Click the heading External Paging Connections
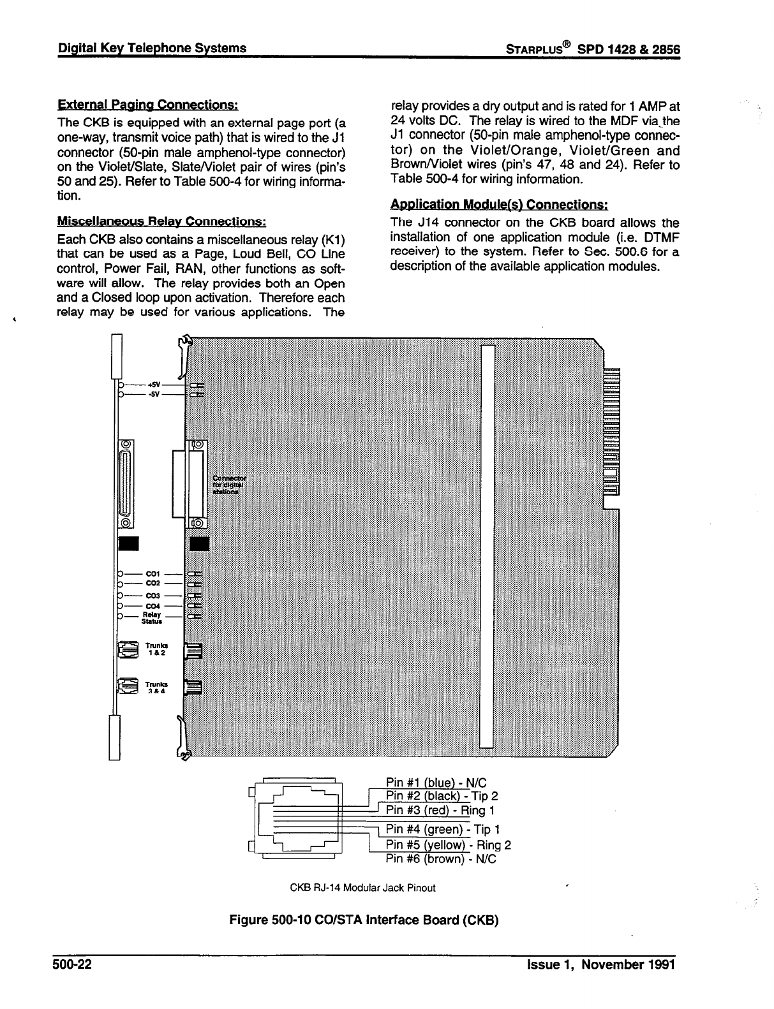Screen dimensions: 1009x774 149,105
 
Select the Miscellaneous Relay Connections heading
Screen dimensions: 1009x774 161,221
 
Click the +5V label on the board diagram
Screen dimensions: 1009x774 154,385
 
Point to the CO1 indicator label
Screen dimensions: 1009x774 153,573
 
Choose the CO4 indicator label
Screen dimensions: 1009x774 153,606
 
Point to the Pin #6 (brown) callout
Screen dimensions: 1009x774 441,859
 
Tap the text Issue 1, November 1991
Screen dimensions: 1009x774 597,964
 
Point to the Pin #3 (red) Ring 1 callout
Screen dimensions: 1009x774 441,811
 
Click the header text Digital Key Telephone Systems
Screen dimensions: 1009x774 152,48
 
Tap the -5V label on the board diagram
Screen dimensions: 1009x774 154,395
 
